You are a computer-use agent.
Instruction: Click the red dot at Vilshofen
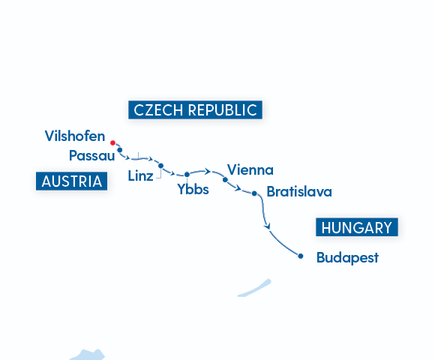tap(112, 142)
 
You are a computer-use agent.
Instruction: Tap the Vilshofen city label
tap(74, 136)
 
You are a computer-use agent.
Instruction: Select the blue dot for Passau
tap(120, 150)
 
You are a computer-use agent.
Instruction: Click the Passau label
tap(91, 156)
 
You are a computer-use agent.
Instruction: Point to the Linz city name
tap(140, 177)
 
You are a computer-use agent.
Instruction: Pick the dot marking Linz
tap(160, 165)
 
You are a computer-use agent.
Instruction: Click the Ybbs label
tap(193, 190)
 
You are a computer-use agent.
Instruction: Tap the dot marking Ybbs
tap(187, 175)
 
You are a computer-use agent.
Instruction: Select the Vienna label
tap(250, 169)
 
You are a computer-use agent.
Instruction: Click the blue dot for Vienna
tap(225, 180)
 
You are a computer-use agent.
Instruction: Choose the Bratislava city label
tap(298, 192)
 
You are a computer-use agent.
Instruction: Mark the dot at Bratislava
tap(255, 193)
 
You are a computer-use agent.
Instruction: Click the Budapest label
tap(347, 257)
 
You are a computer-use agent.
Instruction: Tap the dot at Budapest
tap(301, 256)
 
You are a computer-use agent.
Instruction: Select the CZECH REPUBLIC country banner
tap(195, 109)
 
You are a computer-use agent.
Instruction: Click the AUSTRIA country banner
tap(71, 181)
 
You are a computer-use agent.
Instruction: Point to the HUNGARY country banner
tap(355, 228)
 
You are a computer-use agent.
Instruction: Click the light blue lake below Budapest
tap(254, 288)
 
